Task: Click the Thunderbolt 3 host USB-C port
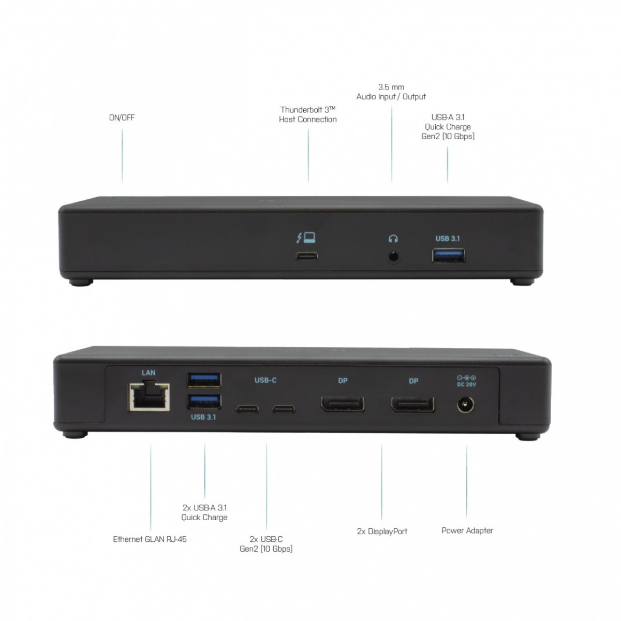(306, 256)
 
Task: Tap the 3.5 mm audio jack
(393, 257)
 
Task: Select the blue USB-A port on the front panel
(448, 256)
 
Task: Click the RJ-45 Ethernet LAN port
(149, 397)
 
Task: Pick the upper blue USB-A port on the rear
(204, 380)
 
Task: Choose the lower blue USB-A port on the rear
(204, 402)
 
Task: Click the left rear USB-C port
(247, 409)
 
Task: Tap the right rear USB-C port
(284, 409)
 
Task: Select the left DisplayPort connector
(343, 405)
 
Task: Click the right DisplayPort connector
(413, 405)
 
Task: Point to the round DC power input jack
(466, 405)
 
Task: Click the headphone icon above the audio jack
(393, 239)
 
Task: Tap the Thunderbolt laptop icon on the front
(306, 238)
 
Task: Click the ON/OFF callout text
(122, 117)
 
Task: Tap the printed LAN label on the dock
(149, 373)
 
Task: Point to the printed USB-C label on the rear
(265, 380)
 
